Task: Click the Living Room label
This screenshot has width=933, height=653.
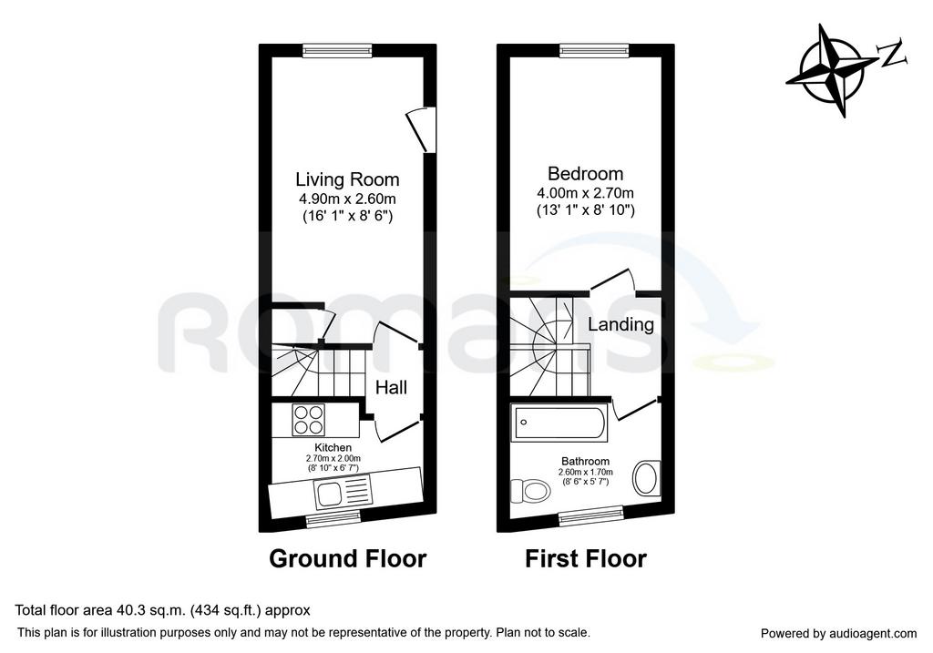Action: pos(347,179)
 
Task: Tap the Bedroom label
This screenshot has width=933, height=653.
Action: pos(586,174)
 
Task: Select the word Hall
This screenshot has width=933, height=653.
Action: pos(391,388)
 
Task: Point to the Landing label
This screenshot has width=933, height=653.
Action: pos(620,324)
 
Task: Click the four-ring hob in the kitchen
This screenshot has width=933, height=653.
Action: pos(309,419)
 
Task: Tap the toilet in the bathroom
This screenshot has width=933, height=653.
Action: pos(531,491)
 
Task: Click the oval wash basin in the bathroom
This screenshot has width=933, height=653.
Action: pos(646,477)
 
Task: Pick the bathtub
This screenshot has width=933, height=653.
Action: pos(559,423)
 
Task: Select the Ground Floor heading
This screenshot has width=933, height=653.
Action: pos(347,559)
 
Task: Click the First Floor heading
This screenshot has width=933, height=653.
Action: pos(586,559)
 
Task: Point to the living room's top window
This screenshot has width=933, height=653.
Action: pos(337,52)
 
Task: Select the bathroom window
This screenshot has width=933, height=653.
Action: pos(590,515)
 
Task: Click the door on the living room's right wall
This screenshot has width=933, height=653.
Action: pos(423,129)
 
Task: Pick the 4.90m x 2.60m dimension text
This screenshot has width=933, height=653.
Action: pos(347,199)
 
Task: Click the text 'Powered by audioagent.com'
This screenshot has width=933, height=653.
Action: pos(839,633)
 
